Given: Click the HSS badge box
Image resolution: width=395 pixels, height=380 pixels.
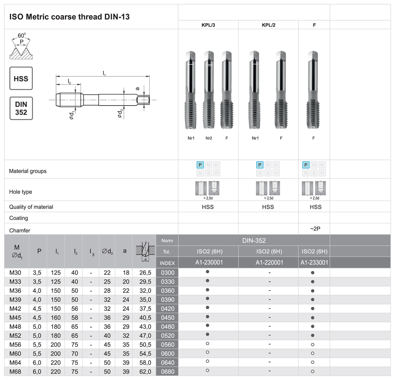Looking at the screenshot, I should click(21, 79).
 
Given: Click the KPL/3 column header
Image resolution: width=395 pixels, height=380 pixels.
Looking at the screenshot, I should click(208, 25).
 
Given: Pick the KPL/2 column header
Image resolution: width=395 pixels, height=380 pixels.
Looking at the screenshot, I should click(268, 25).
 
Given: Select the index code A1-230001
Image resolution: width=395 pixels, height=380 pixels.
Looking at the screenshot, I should click(208, 263).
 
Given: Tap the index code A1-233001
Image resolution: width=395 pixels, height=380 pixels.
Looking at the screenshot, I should click(314, 263).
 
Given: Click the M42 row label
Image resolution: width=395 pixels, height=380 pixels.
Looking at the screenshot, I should click(16, 308).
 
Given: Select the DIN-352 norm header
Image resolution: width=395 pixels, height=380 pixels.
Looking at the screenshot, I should click(254, 240).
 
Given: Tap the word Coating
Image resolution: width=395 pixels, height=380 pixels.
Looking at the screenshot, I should click(19, 218).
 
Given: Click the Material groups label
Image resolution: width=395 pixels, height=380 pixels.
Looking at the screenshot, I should click(28, 171).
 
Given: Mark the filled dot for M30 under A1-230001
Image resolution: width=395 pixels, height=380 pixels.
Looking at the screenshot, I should click(208, 272).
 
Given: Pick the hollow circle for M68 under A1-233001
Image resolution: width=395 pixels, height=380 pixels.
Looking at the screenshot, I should click(313, 372).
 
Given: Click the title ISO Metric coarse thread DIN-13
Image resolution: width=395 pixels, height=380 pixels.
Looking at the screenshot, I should click(69, 17).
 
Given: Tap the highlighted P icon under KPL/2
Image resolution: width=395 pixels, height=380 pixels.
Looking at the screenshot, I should click(260, 165).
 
